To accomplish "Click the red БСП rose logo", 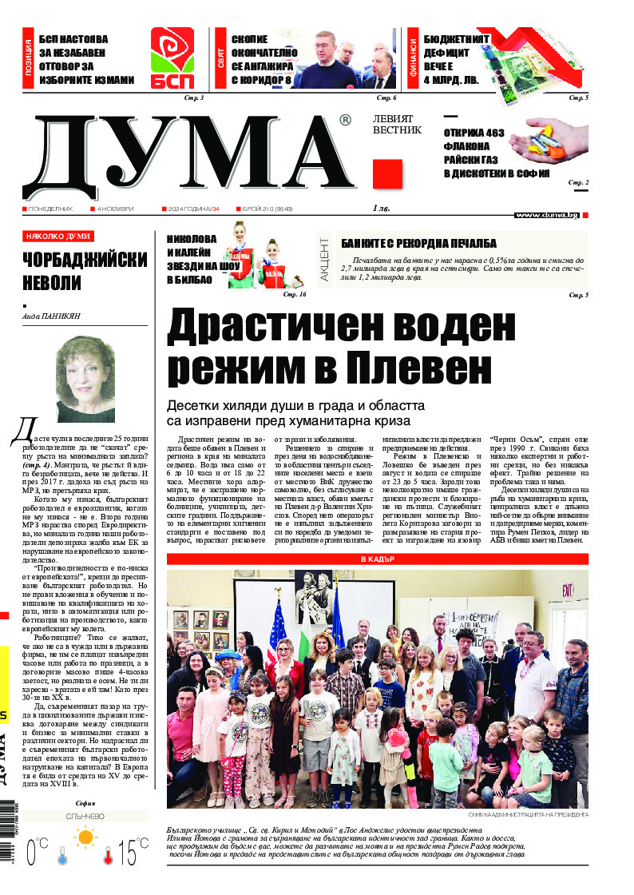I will tap(172, 58).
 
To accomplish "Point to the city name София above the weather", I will tap(85, 803).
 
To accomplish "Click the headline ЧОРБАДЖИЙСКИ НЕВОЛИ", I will tap(85, 272).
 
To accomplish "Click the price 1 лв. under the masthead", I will tap(382, 209).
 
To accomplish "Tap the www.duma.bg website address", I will tap(547, 215).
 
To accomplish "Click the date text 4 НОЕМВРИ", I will tap(115, 209).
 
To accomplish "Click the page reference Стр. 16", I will tap(295, 295).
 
